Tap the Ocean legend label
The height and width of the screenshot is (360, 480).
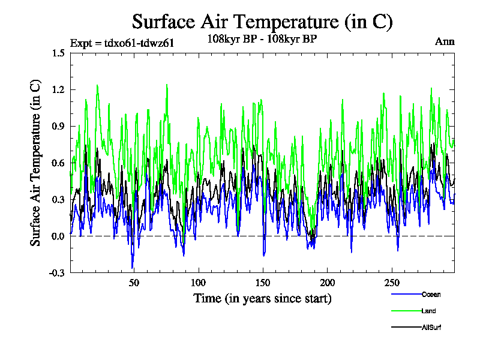point(431,294)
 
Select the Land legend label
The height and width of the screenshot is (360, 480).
point(428,311)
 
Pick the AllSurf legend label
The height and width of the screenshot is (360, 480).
point(431,328)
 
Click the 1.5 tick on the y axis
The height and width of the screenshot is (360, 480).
point(58,53)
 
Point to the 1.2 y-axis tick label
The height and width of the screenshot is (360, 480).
point(58,89)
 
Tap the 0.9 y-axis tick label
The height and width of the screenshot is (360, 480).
point(58,126)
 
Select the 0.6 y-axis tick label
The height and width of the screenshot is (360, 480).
point(58,163)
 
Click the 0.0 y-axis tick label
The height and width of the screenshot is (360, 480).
point(58,236)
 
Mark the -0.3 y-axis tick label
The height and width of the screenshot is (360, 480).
point(57,272)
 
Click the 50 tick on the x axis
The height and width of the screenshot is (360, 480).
point(134,283)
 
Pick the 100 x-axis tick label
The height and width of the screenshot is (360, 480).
point(198,283)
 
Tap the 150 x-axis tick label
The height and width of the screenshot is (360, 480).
point(262,283)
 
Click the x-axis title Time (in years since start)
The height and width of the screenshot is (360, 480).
point(262,298)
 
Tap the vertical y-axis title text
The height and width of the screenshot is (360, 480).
point(35,163)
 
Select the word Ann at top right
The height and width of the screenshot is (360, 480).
point(444,42)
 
